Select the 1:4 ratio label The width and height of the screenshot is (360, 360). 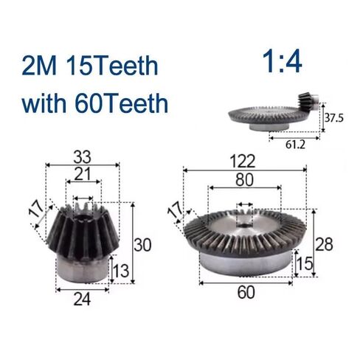pos(283,62)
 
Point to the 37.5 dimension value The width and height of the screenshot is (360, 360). pos(335,118)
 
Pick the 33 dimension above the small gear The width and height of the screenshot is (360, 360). pos(82,157)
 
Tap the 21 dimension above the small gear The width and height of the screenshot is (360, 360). pos(82,175)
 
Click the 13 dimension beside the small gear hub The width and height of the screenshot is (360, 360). pos(122,274)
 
